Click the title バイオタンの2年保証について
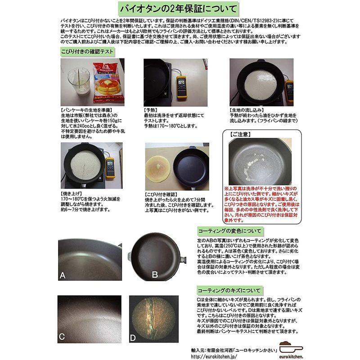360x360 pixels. tap(180, 9)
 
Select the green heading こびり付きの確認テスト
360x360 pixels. tap(87, 51)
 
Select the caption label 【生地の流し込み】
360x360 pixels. tap(249, 110)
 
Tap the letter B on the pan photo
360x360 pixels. tap(154, 274)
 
